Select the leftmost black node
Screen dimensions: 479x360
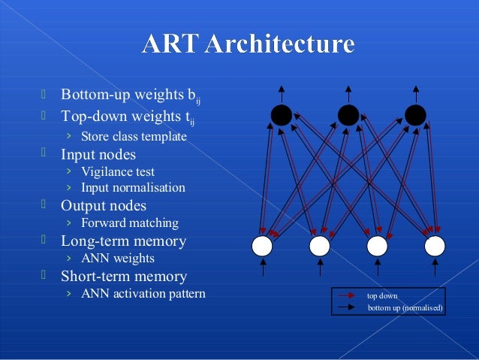click(x=281, y=115)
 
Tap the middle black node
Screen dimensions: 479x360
click(x=348, y=115)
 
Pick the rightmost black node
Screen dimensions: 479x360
click(x=415, y=115)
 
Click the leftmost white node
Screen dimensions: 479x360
click(x=262, y=246)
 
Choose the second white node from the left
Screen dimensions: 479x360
click(x=320, y=246)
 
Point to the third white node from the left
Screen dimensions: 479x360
click(x=377, y=246)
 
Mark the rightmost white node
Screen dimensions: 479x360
click(x=435, y=246)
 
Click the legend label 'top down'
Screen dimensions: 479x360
click(x=382, y=296)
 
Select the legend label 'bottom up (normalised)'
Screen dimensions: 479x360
click(x=405, y=308)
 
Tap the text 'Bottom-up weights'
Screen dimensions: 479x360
click(x=122, y=96)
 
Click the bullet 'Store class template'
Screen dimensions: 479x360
click(x=134, y=137)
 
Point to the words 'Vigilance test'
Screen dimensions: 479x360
click(x=118, y=172)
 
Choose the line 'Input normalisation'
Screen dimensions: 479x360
click(x=133, y=188)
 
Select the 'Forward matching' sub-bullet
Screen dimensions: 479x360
click(x=130, y=223)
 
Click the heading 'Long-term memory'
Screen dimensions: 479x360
click(x=123, y=241)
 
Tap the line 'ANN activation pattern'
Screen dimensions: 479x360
click(x=143, y=293)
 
